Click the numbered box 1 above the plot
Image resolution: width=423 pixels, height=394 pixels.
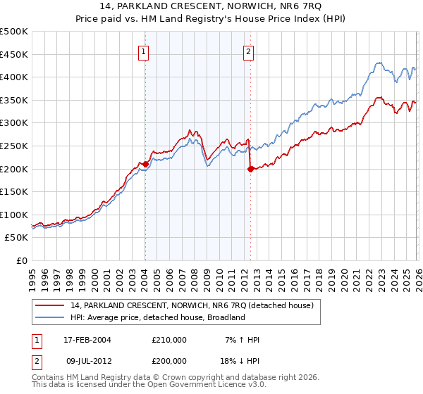[144, 51]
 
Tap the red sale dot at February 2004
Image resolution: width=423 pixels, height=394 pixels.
[145, 164]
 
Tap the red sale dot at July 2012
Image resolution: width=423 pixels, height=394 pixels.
[250, 168]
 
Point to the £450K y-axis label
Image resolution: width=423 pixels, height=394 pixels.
[14, 54]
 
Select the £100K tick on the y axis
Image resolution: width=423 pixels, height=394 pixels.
[14, 215]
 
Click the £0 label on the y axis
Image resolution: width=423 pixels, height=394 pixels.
[22, 261]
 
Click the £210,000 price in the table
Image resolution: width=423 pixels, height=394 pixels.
[169, 340]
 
